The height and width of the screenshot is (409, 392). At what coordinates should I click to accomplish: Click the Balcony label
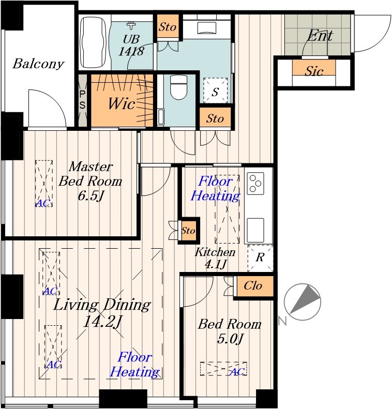point(38,64)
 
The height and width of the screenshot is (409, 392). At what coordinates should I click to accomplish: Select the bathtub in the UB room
point(93,42)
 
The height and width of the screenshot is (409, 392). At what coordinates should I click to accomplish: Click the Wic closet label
point(122,103)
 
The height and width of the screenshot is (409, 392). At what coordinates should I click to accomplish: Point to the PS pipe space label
point(82,99)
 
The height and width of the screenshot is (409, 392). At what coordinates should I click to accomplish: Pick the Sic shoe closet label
point(314,71)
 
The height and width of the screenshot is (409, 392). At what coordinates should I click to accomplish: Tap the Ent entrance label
point(320,36)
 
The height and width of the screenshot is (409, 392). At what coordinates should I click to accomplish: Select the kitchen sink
point(255,230)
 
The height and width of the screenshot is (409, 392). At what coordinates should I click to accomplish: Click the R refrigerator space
point(260,257)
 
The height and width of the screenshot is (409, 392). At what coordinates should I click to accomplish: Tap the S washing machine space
point(216,90)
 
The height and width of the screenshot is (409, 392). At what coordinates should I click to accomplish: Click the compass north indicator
point(302,302)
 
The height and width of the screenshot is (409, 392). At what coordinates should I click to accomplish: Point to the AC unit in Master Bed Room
point(44,184)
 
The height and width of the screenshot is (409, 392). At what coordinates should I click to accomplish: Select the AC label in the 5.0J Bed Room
point(237,372)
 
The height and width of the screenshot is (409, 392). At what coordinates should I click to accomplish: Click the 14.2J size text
point(102,322)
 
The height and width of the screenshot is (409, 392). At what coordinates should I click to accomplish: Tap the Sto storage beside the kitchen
point(188,231)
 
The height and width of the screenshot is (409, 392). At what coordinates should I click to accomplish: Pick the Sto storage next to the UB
point(168,26)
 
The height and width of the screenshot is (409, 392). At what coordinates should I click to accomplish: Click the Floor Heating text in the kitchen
point(215,188)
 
